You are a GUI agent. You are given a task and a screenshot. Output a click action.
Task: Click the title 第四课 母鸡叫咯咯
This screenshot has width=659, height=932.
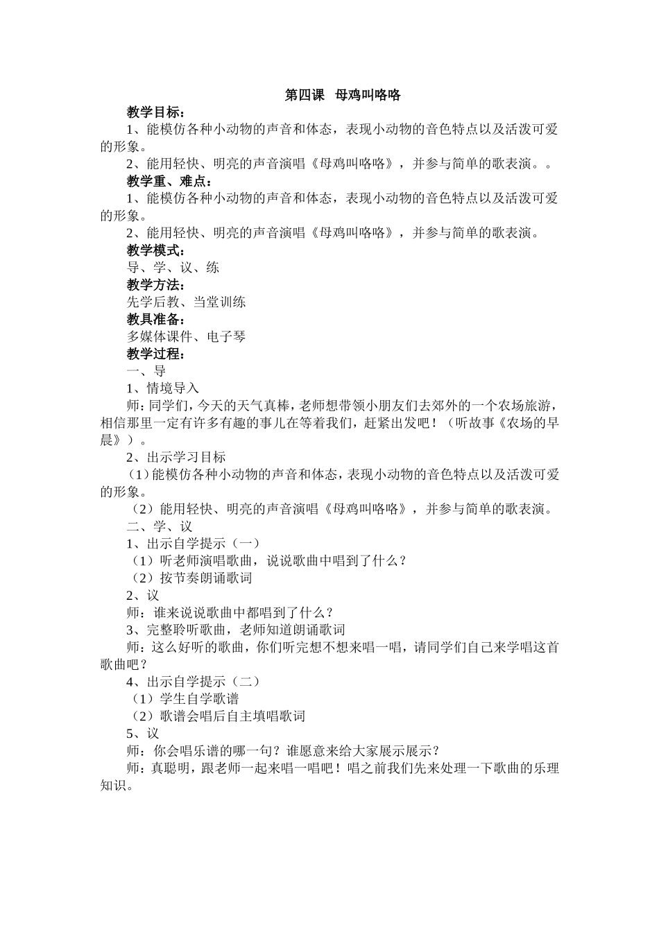(x=343, y=95)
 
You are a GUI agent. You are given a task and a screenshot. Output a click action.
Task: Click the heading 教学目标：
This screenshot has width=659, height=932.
(x=155, y=112)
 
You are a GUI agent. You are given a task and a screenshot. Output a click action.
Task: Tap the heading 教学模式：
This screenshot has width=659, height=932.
(x=155, y=250)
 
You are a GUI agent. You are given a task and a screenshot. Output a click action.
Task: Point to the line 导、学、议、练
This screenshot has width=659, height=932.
(x=173, y=268)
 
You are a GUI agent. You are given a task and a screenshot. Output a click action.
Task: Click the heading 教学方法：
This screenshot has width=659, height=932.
(x=155, y=285)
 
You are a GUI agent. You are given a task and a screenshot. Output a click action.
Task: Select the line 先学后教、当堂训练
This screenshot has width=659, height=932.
(x=186, y=302)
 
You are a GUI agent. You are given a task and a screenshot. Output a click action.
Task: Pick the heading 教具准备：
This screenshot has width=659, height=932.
(x=155, y=319)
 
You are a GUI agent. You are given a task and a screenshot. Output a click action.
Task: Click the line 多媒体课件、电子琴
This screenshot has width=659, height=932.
(x=186, y=336)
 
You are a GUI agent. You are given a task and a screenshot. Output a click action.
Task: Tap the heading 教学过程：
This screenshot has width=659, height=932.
(x=155, y=354)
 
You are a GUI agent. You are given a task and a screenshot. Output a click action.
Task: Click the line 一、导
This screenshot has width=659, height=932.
(x=146, y=371)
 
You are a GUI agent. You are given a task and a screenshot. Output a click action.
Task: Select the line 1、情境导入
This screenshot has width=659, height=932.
(x=162, y=388)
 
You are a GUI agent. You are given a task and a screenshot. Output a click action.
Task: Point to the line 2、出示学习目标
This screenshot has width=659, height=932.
(x=176, y=457)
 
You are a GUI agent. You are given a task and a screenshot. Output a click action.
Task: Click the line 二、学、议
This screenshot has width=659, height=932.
(x=160, y=526)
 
